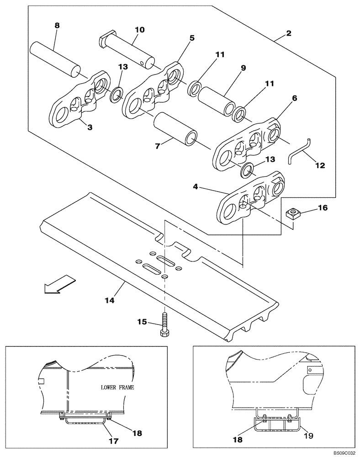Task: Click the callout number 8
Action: point(57,26)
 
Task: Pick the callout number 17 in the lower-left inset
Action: point(113,441)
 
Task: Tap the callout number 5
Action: point(191,38)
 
